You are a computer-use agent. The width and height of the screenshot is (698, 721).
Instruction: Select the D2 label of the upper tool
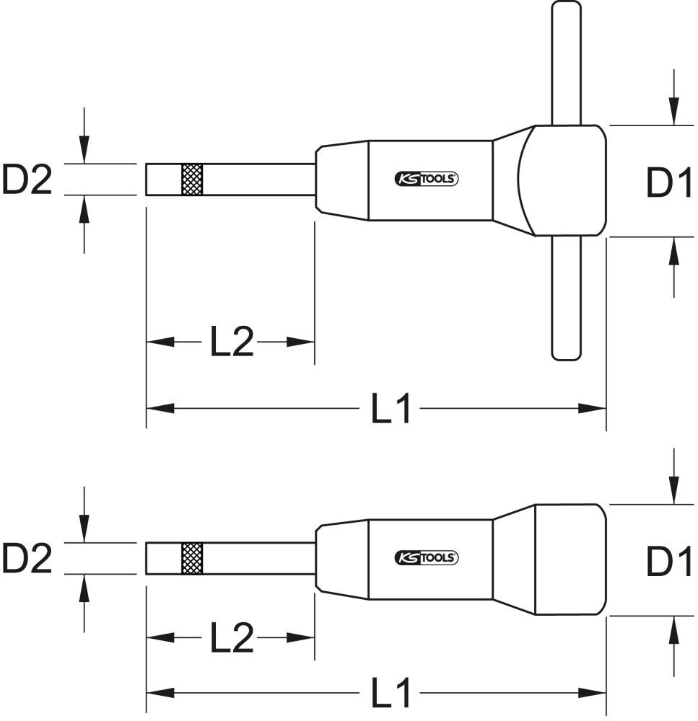pyautogui.click(x=27, y=180)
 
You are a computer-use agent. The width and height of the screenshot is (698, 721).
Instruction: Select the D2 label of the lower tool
pyautogui.click(x=27, y=558)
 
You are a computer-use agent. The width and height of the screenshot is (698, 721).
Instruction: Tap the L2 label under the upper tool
pyautogui.click(x=232, y=342)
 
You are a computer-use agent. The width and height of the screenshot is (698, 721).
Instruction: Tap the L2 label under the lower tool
pyautogui.click(x=232, y=637)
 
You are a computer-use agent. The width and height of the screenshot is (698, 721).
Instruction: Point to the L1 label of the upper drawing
pyautogui.click(x=391, y=410)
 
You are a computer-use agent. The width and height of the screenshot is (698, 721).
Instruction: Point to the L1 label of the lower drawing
pyautogui.click(x=391, y=694)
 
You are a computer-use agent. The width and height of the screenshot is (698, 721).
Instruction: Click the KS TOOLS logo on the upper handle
pyautogui.click(x=427, y=180)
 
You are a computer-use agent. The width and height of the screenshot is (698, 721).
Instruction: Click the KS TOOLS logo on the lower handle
pyautogui.click(x=427, y=557)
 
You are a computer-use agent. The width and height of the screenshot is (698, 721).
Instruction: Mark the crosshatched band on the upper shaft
pyautogui.click(x=191, y=180)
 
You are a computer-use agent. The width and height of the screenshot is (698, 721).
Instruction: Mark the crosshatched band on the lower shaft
pyautogui.click(x=191, y=557)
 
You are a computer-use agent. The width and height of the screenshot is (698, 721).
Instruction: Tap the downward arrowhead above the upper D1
pyautogui.click(x=673, y=112)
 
